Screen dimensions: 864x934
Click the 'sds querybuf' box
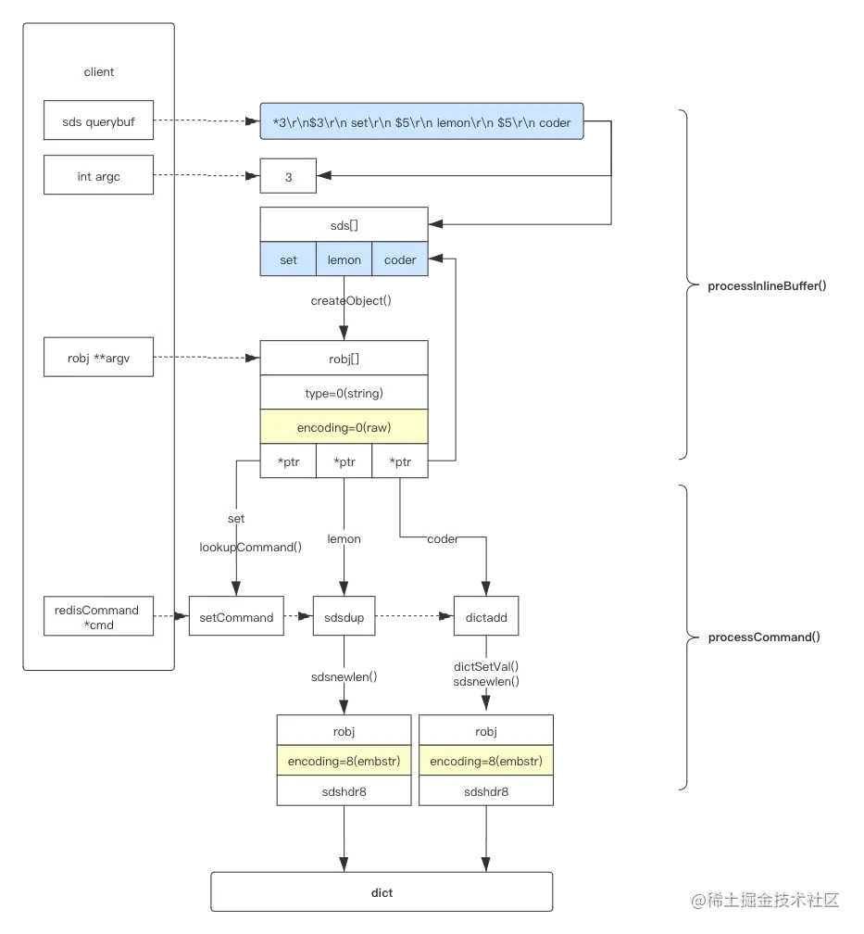[98, 120]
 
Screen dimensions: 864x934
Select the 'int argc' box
[98, 175]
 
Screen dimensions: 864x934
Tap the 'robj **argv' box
[98, 358]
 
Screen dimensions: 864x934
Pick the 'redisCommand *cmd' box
[98, 616]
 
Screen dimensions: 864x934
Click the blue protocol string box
[421, 121]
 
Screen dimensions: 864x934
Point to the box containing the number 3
[288, 176]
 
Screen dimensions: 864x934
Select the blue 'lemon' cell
[344, 259]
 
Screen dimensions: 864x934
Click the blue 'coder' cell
[400, 259]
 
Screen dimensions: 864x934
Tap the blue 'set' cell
[288, 259]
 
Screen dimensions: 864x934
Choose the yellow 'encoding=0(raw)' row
[344, 426]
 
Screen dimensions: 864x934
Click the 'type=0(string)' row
[344, 393]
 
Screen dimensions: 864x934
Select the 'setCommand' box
[236, 616]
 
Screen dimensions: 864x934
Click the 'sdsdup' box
[344, 616]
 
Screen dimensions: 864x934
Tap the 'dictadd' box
[486, 616]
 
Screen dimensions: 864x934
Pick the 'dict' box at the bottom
[382, 891]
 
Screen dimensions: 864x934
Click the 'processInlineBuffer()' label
[767, 286]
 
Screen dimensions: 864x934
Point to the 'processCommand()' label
[764, 637]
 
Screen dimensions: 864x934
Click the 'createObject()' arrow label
[351, 300]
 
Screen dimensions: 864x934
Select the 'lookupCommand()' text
[251, 547]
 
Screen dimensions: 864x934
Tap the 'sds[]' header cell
[344, 224]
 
